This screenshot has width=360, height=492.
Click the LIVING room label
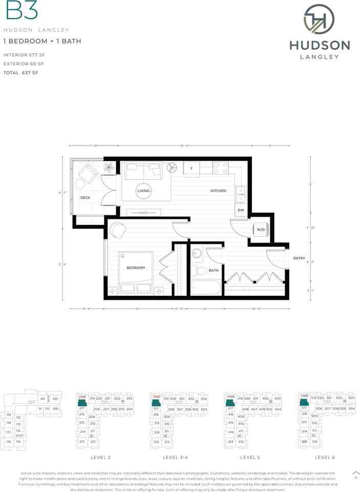point(143,191)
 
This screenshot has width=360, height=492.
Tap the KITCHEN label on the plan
point(218,191)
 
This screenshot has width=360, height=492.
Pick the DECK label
point(85,197)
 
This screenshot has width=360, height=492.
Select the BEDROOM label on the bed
point(136,268)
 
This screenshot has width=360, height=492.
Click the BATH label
point(214,270)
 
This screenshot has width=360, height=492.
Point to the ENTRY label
point(299,258)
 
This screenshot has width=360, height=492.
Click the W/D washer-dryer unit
point(260,229)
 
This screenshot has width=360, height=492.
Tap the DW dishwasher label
point(241,210)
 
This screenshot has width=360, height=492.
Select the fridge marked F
point(192,169)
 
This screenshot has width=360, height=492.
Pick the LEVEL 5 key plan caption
point(251,457)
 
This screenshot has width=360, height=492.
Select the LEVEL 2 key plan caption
point(101,457)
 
